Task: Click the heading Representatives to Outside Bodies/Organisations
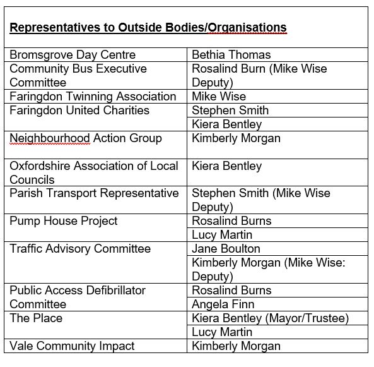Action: tap(148, 28)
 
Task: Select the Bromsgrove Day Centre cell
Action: tap(73, 55)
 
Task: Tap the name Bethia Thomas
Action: tap(231, 55)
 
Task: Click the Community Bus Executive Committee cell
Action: tap(78, 75)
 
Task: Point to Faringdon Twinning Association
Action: tap(93, 97)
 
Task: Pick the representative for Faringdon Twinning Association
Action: tap(219, 97)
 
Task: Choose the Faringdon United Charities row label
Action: tap(79, 111)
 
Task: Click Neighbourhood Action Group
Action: tap(86, 138)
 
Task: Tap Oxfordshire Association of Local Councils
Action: tap(95, 172)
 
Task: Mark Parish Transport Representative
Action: tap(94, 193)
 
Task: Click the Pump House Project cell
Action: tap(64, 221)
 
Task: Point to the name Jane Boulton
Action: tap(226, 249)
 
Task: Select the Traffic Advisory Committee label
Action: tap(80, 249)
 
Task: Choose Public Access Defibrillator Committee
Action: tap(78, 297)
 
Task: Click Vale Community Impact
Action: tap(73, 346)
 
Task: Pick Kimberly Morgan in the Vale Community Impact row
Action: tap(236, 346)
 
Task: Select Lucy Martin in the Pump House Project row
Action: tap(222, 235)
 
